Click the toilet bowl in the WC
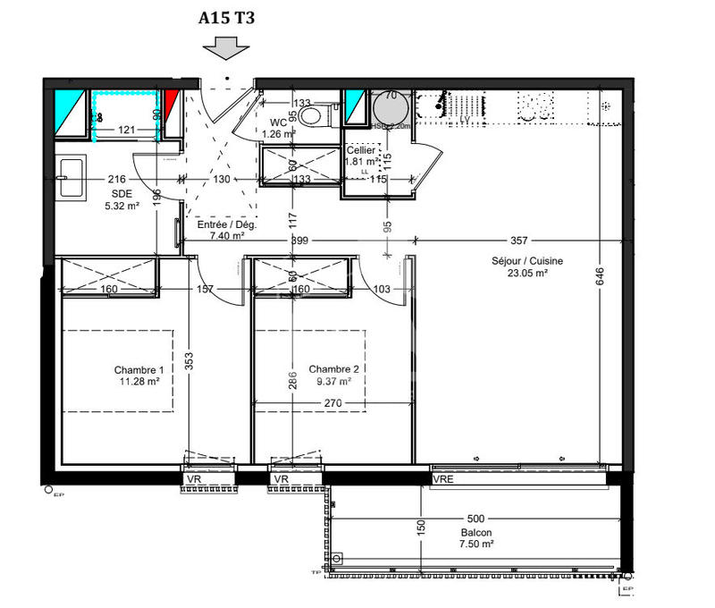[x=310, y=115]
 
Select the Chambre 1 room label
[x=139, y=370]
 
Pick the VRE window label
[x=442, y=480]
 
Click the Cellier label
[x=360, y=150]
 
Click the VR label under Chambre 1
[x=194, y=480]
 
